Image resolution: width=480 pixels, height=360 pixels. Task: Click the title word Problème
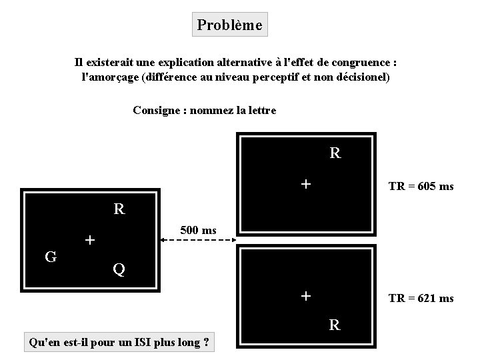tap(229, 25)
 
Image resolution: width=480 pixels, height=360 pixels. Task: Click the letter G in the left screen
tap(49, 256)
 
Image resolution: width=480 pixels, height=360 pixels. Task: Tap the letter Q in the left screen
tap(119, 269)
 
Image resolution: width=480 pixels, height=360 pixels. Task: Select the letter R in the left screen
tap(119, 209)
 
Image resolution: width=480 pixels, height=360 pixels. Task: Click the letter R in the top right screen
tap(335, 153)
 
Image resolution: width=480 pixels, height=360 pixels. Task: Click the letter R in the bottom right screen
tap(335, 325)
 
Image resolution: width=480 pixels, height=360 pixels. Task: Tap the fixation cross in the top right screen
tap(305, 183)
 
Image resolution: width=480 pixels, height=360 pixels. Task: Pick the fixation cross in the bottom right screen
tap(305, 295)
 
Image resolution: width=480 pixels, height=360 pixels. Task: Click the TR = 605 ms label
tap(421, 187)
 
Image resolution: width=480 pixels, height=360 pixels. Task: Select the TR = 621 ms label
tap(421, 299)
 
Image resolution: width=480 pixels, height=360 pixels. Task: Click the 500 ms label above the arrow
tap(199, 231)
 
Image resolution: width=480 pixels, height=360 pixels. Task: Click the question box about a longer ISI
tap(118, 343)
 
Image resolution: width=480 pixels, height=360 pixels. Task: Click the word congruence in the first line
tap(359, 63)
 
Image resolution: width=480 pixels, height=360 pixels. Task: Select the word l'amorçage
tap(107, 77)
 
